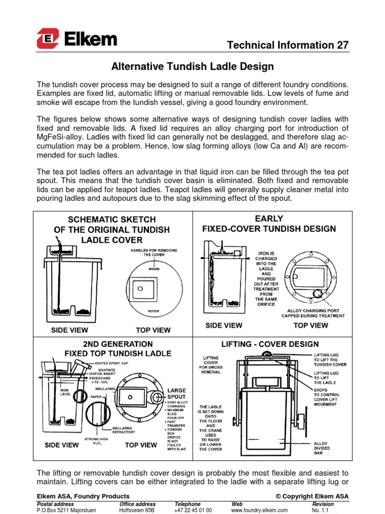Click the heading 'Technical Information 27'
pyautogui.click(x=287, y=45)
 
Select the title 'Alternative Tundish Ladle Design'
pyautogui.click(x=192, y=66)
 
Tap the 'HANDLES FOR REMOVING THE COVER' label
pyautogui.click(x=154, y=251)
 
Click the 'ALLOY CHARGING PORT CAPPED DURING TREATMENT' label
pyautogui.click(x=312, y=313)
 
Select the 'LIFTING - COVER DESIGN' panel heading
pyautogui.click(x=270, y=344)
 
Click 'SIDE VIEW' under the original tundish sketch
pyautogui.click(x=70, y=330)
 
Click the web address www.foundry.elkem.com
pyautogui.click(x=259, y=510)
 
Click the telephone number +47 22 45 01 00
pyautogui.click(x=193, y=510)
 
